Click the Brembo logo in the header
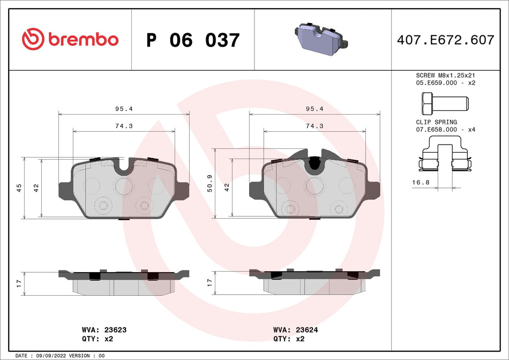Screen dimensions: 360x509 coord(70,39)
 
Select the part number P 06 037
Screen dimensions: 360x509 coord(193,40)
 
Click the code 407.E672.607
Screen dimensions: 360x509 coord(445,40)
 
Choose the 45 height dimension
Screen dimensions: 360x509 coord(19,187)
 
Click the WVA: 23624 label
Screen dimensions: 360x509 coord(295,330)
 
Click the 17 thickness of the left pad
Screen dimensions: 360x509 coord(19,282)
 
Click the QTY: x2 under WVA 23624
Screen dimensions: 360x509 coord(289,339)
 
